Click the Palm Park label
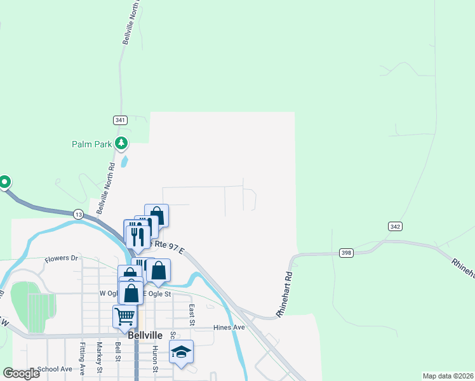(91, 144)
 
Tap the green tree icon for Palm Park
(122, 144)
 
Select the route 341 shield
(121, 120)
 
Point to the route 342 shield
(395, 227)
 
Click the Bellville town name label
(145, 335)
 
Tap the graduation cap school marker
(181, 352)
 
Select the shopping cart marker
(124, 315)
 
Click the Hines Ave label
(229, 328)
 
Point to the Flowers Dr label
(61, 259)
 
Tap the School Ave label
(55, 369)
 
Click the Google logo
(21, 373)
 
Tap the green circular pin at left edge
(4, 183)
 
